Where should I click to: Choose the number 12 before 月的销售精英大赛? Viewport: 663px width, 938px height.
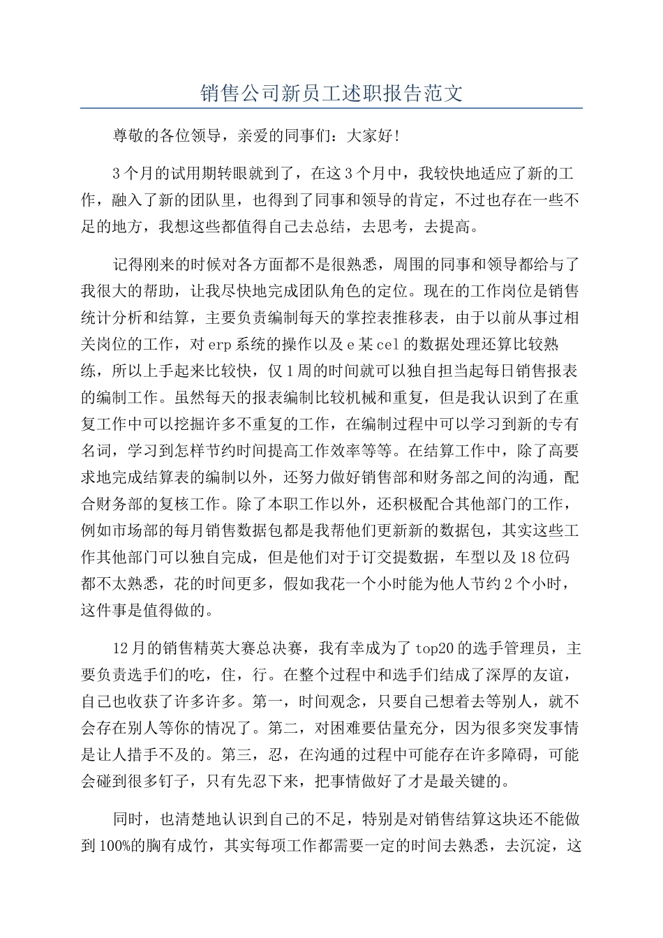click(x=120, y=648)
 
